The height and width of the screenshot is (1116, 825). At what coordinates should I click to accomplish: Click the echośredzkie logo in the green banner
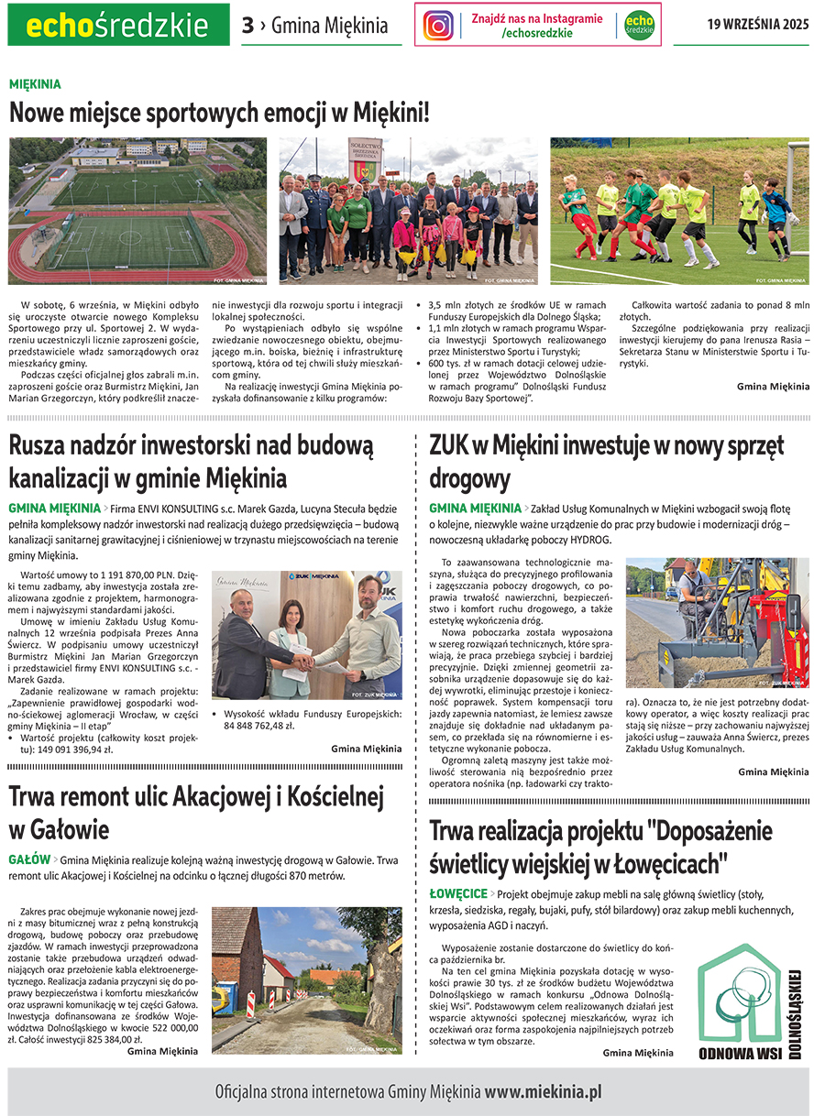pyautogui.click(x=118, y=25)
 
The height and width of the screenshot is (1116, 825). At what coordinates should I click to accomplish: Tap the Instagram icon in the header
pyautogui.click(x=438, y=25)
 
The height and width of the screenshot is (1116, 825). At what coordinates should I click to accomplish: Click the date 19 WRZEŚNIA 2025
pyautogui.click(x=757, y=25)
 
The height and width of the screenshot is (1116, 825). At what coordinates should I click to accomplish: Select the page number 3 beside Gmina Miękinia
pyautogui.click(x=247, y=26)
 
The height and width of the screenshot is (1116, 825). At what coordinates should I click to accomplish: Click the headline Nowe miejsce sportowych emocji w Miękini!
pyautogui.click(x=219, y=114)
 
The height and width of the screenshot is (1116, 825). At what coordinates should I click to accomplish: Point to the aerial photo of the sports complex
pyautogui.click(x=137, y=210)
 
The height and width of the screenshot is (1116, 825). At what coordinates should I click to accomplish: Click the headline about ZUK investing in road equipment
pyautogui.click(x=606, y=462)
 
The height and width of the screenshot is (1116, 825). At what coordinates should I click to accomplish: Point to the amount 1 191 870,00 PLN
pyautogui.click(x=140, y=576)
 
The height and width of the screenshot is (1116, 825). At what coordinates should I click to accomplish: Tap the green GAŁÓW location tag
pyautogui.click(x=29, y=859)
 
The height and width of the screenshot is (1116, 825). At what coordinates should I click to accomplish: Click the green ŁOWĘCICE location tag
pyautogui.click(x=458, y=893)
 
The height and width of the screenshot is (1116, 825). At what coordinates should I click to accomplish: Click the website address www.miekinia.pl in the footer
pyautogui.click(x=543, y=1091)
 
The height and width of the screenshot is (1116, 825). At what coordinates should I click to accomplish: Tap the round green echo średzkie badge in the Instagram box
pyautogui.click(x=639, y=25)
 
